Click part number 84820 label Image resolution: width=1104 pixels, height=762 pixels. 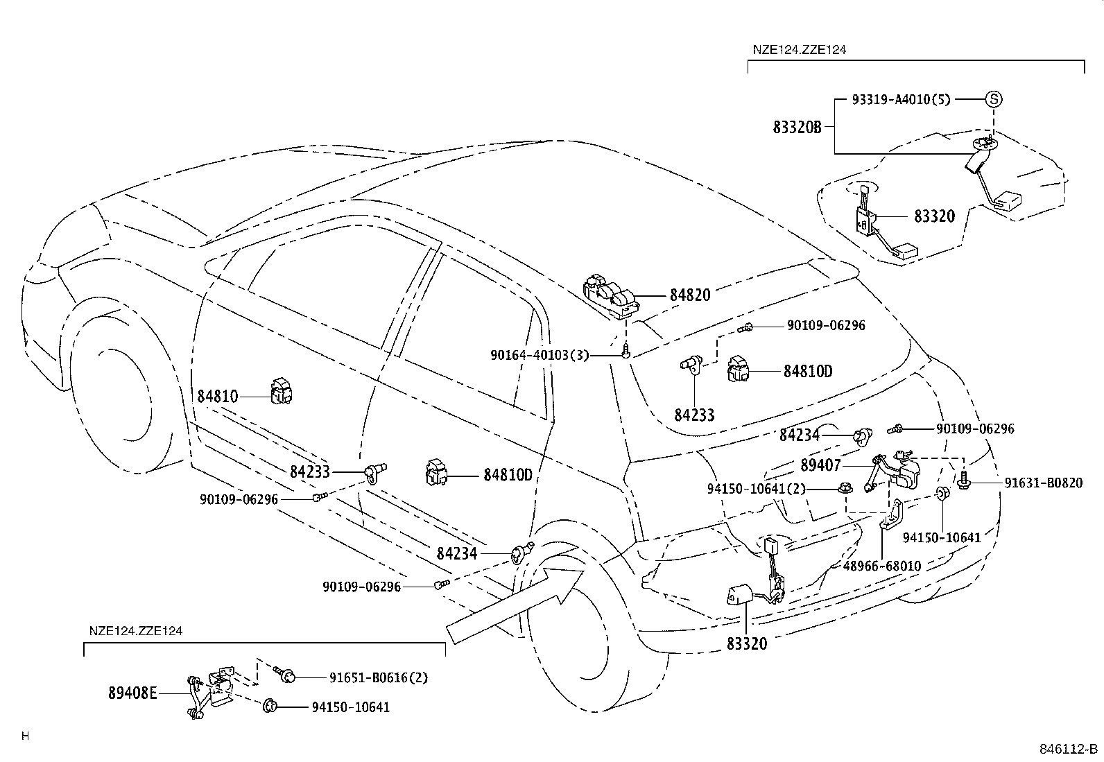pyautogui.click(x=689, y=295)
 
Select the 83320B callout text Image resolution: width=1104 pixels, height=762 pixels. pyautogui.click(x=797, y=127)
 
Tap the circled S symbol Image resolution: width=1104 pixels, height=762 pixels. pyautogui.click(x=993, y=99)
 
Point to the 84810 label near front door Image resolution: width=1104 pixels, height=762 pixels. pyautogui.click(x=218, y=397)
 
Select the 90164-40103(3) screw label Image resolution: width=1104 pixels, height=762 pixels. pyautogui.click(x=539, y=355)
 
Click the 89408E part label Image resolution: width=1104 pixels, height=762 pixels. pyautogui.click(x=132, y=692)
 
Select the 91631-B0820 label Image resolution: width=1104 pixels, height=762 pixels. pyautogui.click(x=1043, y=483)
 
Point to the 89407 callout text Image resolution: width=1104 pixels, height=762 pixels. pyautogui.click(x=820, y=465)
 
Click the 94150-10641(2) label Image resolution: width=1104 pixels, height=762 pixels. pyautogui.click(x=757, y=489)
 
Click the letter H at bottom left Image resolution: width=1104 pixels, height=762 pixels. pyautogui.click(x=25, y=736)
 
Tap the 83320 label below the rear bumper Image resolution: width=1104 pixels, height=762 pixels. pyautogui.click(x=747, y=643)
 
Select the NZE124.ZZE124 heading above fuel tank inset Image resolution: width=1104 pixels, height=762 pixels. pyautogui.click(x=799, y=50)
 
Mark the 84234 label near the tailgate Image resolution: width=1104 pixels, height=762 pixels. pyautogui.click(x=800, y=435)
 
